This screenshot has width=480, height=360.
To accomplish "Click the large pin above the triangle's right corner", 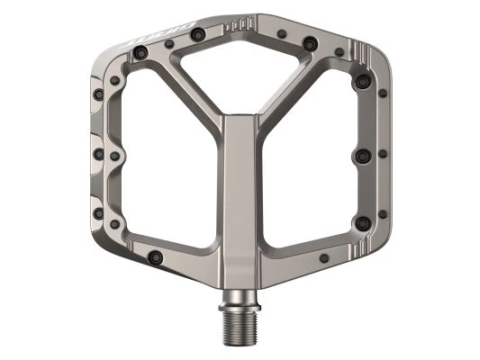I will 310,42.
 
